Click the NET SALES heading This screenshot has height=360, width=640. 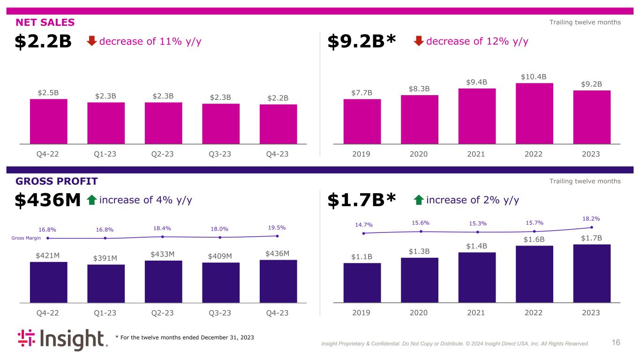(x=45, y=22)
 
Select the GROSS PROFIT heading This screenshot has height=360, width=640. (x=56, y=181)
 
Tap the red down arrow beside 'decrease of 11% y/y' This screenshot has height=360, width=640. (x=92, y=42)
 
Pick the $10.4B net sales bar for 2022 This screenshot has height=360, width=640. (x=534, y=113)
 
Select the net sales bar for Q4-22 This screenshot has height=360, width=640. (x=48, y=121)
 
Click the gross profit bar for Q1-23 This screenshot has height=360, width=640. (x=105, y=284)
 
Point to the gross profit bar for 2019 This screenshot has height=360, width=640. (x=362, y=283)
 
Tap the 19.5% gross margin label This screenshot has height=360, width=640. (x=276, y=228)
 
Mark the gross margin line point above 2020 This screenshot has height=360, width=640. (x=421, y=231)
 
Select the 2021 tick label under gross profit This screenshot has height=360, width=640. (x=477, y=313)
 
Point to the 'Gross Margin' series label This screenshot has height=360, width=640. (x=26, y=238)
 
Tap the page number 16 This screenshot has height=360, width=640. (x=616, y=343)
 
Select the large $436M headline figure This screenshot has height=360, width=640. (x=48, y=201)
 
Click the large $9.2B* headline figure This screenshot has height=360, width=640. (x=361, y=42)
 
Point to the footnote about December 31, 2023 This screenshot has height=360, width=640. (x=185, y=338)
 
